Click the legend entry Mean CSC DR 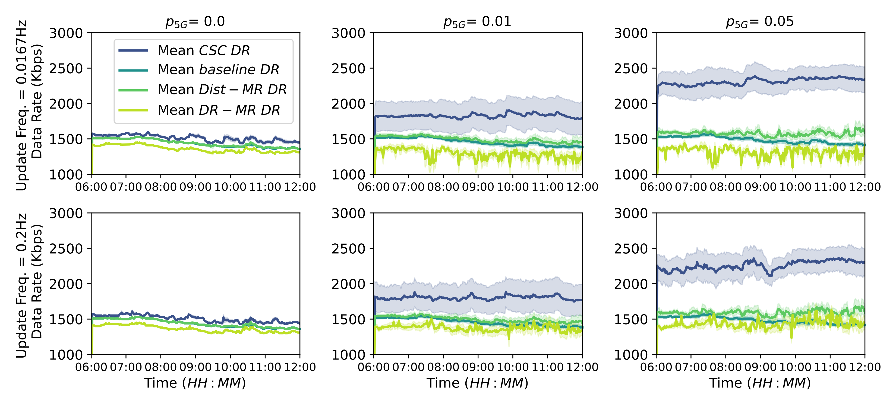coord(203,51)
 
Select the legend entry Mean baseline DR coord(218,70)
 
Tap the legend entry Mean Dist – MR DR coord(222,90)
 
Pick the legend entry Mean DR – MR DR coord(219,110)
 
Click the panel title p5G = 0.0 coord(195,21)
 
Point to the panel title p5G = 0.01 coord(477,21)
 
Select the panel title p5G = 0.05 coord(760,21)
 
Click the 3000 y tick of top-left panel coord(66,33)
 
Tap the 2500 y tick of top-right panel coord(631,69)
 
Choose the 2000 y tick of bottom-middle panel coord(348,284)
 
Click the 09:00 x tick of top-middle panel coord(478,187)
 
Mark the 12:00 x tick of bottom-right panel coord(865,367)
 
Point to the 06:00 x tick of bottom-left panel coord(91,367)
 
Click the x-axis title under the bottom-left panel coord(195,383)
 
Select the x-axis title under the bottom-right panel coord(760,383)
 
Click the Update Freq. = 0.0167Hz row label coord(21,105)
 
